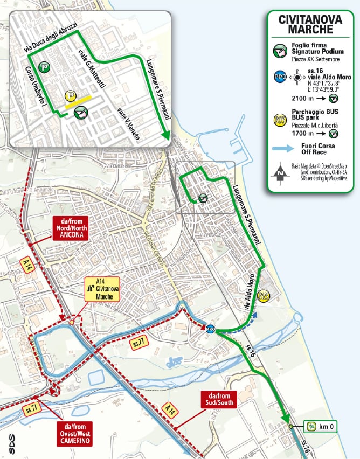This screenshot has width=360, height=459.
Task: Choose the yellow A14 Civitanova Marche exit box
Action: [103, 291]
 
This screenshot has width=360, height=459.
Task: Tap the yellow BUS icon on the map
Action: [264, 296]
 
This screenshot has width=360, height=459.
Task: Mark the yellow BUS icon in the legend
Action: [280, 120]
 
